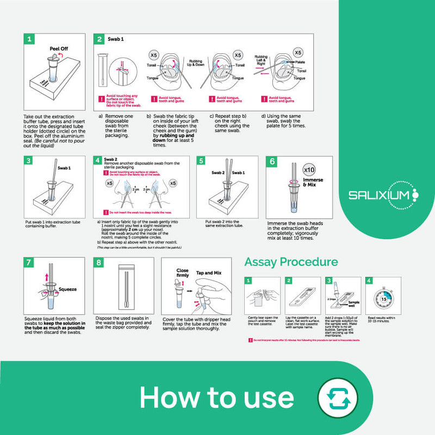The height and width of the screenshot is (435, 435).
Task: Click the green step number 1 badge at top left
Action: tap(30, 39)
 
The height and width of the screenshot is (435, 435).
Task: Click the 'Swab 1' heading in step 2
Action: tap(115, 39)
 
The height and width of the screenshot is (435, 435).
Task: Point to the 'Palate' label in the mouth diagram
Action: tap(301, 63)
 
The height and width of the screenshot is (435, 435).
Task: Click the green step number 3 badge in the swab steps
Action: tap(30, 161)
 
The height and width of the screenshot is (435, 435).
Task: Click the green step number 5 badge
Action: tap(202, 161)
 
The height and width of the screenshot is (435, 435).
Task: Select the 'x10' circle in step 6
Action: tap(309, 169)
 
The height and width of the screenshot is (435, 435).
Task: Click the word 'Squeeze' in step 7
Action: tap(67, 289)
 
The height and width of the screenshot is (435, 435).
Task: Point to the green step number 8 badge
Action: tap(99, 263)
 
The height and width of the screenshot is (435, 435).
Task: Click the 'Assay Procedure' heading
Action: tap(291, 262)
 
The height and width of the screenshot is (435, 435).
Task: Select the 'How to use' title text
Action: tap(216, 397)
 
